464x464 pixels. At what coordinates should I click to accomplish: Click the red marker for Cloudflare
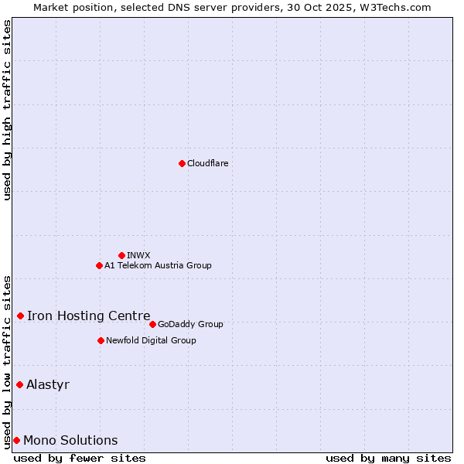(x=182, y=163)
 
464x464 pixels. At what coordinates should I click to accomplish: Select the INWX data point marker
(x=121, y=255)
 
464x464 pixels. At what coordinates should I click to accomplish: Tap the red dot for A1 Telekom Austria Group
(x=99, y=265)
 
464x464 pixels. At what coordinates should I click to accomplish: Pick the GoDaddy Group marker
(x=152, y=324)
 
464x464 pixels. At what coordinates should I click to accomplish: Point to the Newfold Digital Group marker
(x=101, y=340)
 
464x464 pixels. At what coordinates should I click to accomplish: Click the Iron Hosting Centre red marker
(x=20, y=316)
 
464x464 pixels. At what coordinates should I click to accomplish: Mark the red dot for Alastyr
(x=19, y=384)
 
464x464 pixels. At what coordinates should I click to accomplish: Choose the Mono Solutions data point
(x=16, y=440)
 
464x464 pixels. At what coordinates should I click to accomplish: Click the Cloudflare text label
(x=207, y=163)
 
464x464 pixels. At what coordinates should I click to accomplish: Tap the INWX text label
(x=138, y=255)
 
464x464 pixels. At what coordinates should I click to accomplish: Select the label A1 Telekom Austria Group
(x=158, y=265)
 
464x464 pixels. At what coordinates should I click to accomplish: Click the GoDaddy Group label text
(x=190, y=324)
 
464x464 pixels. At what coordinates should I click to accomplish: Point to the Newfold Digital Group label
(x=151, y=340)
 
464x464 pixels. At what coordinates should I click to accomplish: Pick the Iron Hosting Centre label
(x=88, y=316)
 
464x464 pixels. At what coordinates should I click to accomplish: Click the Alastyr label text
(x=48, y=384)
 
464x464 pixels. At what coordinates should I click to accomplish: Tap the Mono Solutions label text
(x=70, y=440)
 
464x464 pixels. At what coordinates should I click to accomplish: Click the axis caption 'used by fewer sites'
(x=80, y=458)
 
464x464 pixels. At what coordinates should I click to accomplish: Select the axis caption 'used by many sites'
(x=388, y=458)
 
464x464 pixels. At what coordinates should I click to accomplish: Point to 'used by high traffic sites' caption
(x=7, y=110)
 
